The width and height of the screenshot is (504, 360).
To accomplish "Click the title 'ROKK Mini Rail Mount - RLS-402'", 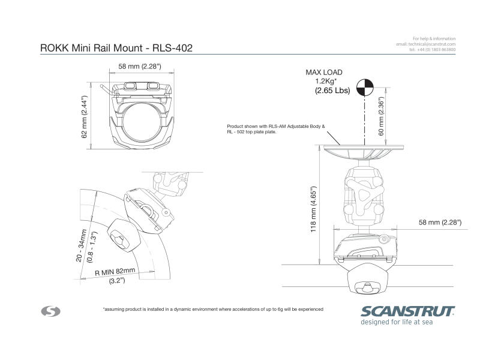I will coord(116,48).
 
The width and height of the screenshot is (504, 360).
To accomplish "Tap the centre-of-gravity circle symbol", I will coord(364,88).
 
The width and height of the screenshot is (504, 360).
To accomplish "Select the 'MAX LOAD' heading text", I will coord(324,72).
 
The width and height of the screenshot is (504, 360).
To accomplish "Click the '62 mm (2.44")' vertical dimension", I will coord(85,116).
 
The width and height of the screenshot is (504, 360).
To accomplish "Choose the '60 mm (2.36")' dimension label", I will coord(381,118).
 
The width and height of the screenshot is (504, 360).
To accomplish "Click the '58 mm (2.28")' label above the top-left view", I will coord(140,67).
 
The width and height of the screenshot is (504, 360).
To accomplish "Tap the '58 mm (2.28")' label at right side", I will coord(440,223).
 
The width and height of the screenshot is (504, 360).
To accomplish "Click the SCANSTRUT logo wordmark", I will coord(407,311).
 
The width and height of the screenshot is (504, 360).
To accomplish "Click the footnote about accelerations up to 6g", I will coord(213,309).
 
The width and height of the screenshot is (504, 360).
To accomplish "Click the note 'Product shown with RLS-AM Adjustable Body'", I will coord(275,127).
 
